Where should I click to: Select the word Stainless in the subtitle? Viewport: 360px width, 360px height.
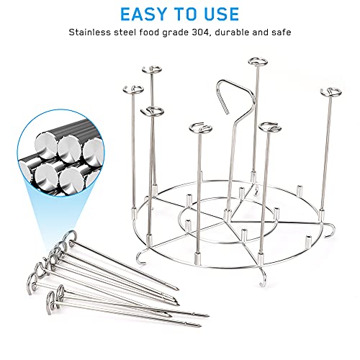(90, 32)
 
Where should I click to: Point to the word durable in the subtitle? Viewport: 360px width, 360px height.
(231, 32)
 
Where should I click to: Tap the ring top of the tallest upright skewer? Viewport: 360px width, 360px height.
(258, 62)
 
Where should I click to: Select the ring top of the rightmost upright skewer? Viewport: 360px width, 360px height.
(330, 92)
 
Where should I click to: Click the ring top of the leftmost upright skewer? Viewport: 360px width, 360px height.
(133, 90)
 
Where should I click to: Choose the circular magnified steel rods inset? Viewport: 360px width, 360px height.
(60, 153)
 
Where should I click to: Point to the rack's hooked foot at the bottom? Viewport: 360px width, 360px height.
(264, 279)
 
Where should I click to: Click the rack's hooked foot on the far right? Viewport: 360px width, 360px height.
(330, 230)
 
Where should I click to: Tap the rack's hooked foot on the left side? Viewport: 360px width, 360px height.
(142, 257)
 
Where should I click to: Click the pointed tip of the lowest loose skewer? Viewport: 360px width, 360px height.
(199, 325)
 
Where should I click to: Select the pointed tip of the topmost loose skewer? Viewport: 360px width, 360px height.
(178, 289)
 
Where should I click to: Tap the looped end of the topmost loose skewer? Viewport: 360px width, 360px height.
(71, 238)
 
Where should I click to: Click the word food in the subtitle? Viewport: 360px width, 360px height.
(149, 32)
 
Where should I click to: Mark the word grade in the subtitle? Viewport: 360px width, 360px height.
(175, 33)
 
